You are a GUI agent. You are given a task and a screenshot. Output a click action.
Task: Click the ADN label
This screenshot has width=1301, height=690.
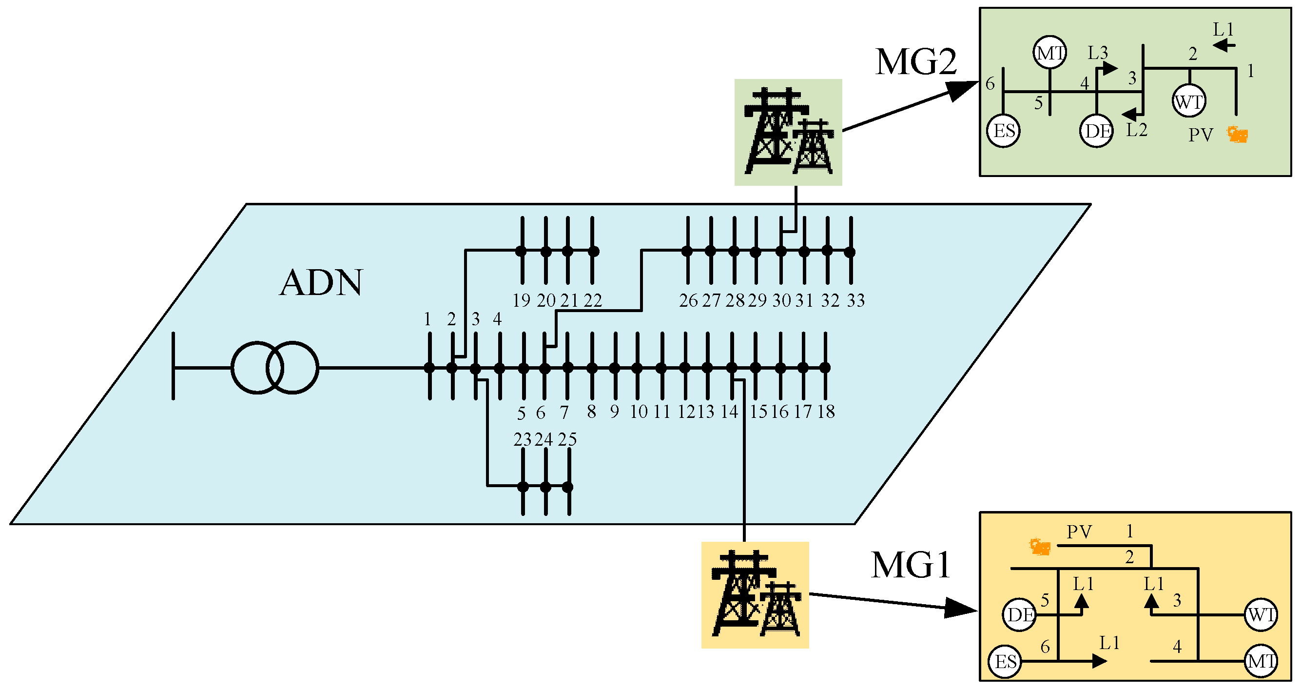tap(321, 283)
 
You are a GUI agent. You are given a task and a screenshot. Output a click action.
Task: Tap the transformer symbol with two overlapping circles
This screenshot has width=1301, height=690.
tap(275, 368)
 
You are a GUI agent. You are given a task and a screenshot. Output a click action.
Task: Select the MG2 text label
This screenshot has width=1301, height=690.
tap(915, 62)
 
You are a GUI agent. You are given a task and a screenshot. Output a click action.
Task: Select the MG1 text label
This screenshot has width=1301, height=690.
tap(911, 565)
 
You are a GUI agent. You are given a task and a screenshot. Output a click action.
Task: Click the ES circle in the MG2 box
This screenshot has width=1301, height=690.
tap(1004, 131)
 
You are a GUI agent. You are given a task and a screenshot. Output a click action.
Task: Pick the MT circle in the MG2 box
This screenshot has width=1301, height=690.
tap(1050, 53)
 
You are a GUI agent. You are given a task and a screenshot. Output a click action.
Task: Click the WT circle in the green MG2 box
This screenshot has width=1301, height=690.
tap(1189, 101)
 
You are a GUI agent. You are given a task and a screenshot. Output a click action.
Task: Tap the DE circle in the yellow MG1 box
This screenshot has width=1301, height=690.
tap(1020, 615)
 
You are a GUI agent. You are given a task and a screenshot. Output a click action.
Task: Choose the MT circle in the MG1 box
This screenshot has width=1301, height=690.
tap(1261, 661)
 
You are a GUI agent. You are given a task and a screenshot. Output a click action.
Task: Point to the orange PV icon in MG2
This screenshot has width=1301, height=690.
tap(1238, 135)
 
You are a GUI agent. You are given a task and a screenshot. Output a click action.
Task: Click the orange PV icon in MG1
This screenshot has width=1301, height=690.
tap(1040, 547)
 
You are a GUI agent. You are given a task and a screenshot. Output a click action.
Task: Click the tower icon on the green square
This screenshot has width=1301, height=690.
tap(788, 132)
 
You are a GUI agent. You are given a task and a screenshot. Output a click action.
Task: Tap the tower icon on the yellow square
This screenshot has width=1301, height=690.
tap(756, 595)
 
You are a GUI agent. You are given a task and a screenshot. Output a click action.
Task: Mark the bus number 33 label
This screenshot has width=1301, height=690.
tap(856, 300)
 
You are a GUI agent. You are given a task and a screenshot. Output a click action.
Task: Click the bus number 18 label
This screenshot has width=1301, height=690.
tap(826, 412)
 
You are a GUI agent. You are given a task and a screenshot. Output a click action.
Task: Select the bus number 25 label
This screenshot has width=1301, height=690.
tap(567, 439)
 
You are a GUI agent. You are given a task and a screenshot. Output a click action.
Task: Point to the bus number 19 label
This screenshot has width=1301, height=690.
tap(521, 300)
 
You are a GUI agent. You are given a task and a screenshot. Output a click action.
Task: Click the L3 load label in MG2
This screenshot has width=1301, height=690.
tap(1097, 53)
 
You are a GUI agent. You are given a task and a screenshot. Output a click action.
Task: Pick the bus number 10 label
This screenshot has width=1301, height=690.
tap(639, 412)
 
